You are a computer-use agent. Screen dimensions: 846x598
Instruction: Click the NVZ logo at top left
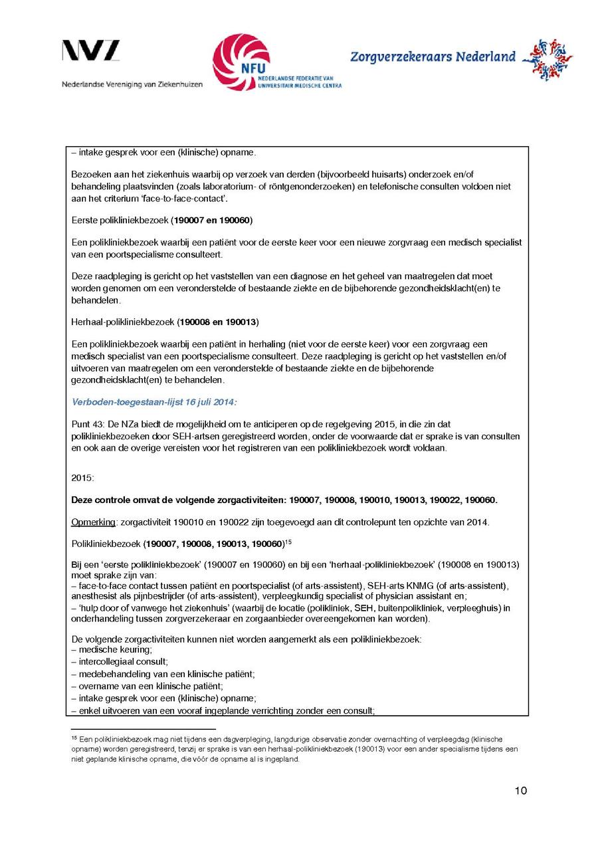pyautogui.click(x=91, y=52)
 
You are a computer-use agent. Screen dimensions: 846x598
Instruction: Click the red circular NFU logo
pyautogui.click(x=241, y=62)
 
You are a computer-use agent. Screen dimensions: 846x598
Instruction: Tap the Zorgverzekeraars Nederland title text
pyautogui.click(x=433, y=57)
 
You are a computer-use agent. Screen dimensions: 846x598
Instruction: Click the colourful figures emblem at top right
pyautogui.click(x=548, y=60)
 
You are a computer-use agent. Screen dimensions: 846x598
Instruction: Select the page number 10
pyautogui.click(x=520, y=790)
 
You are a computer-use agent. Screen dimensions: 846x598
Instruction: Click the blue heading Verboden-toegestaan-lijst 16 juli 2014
pyautogui.click(x=153, y=402)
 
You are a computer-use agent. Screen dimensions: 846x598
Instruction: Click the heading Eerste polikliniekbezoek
pyautogui.click(x=123, y=219)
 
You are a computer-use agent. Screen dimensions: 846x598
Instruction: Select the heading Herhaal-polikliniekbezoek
pyautogui.click(x=124, y=322)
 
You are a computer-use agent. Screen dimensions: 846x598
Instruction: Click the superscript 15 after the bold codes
pyautogui.click(x=289, y=540)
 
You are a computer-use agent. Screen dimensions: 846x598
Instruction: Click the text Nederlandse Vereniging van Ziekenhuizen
pyautogui.click(x=132, y=84)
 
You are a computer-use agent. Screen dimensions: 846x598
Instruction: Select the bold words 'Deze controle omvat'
pyautogui.click(x=116, y=500)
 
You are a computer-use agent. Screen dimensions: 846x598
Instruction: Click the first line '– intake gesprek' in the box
pyautogui.click(x=163, y=153)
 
